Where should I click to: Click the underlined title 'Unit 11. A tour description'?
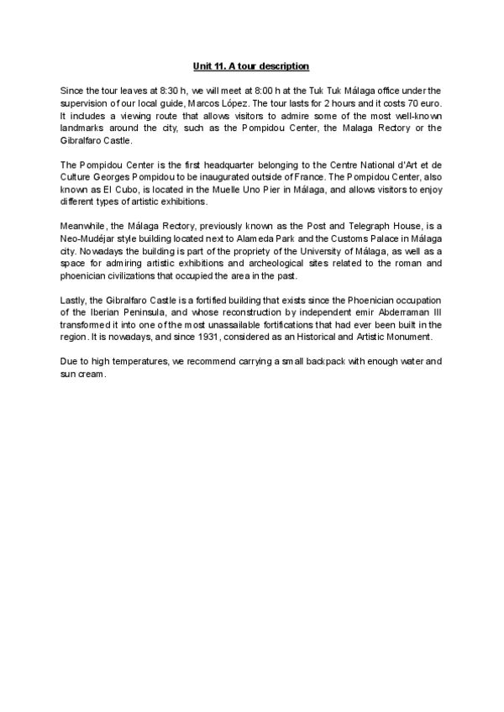pyautogui.click(x=251, y=65)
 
